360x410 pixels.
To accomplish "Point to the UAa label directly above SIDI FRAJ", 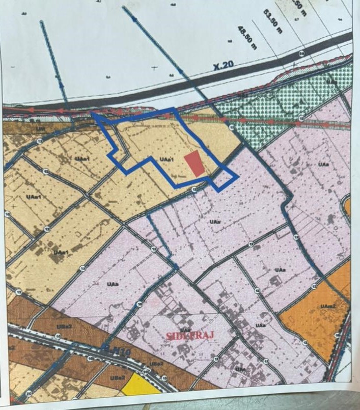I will pos(185,316).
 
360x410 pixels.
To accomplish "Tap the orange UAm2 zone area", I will pos(326,321).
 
